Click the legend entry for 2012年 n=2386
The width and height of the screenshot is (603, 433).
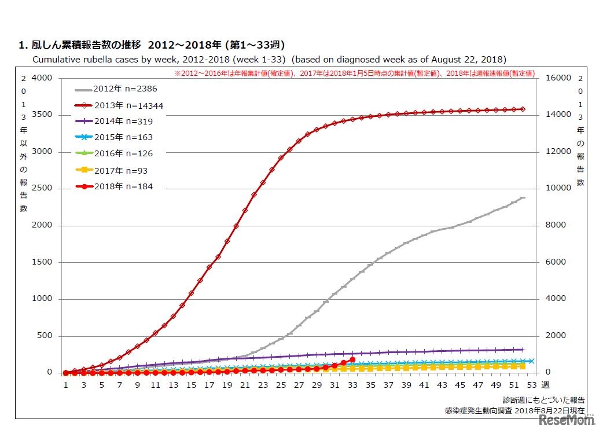(116, 89)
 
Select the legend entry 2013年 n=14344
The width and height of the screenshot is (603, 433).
(118, 105)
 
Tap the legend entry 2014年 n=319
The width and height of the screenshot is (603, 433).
(113, 122)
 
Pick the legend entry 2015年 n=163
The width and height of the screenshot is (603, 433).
(113, 138)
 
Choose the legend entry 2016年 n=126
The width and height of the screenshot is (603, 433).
(113, 154)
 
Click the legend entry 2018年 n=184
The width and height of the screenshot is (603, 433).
(113, 186)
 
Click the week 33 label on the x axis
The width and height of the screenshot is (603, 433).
(352, 385)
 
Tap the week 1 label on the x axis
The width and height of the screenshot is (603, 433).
(66, 385)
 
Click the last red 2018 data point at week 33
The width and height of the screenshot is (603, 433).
(352, 359)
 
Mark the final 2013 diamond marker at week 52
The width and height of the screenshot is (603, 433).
(523, 109)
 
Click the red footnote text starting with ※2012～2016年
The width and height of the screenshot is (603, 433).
(354, 74)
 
